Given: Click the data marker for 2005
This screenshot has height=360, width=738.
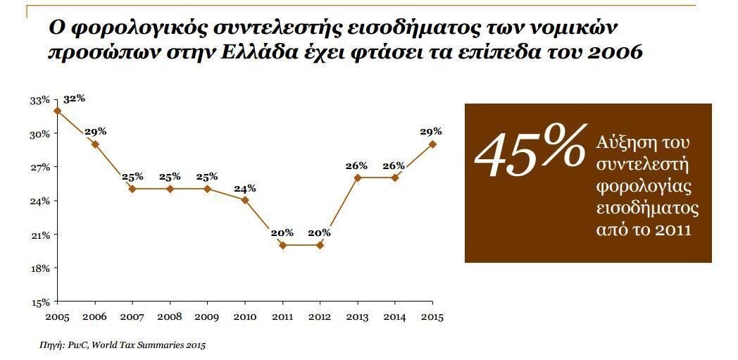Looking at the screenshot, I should pyautogui.click(x=57, y=111).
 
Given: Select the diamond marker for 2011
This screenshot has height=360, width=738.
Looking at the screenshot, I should pyautogui.click(x=282, y=245).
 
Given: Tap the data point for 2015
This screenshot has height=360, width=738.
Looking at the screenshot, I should pyautogui.click(x=432, y=144).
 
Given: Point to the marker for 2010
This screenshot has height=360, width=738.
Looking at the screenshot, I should pyautogui.click(x=244, y=200).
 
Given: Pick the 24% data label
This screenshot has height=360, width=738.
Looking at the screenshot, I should pyautogui.click(x=245, y=188).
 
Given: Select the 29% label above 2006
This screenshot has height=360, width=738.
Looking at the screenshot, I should pyautogui.click(x=95, y=132).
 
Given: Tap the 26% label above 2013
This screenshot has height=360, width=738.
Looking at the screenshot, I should pyautogui.click(x=356, y=166).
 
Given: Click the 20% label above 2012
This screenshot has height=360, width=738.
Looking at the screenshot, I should pyautogui.click(x=319, y=232).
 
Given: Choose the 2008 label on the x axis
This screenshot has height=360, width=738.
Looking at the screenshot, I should pyautogui.click(x=170, y=317).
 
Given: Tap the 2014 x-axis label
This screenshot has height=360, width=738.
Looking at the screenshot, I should pyautogui.click(x=394, y=317).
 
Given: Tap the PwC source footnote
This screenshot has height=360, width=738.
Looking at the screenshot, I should pyautogui.click(x=123, y=345).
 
